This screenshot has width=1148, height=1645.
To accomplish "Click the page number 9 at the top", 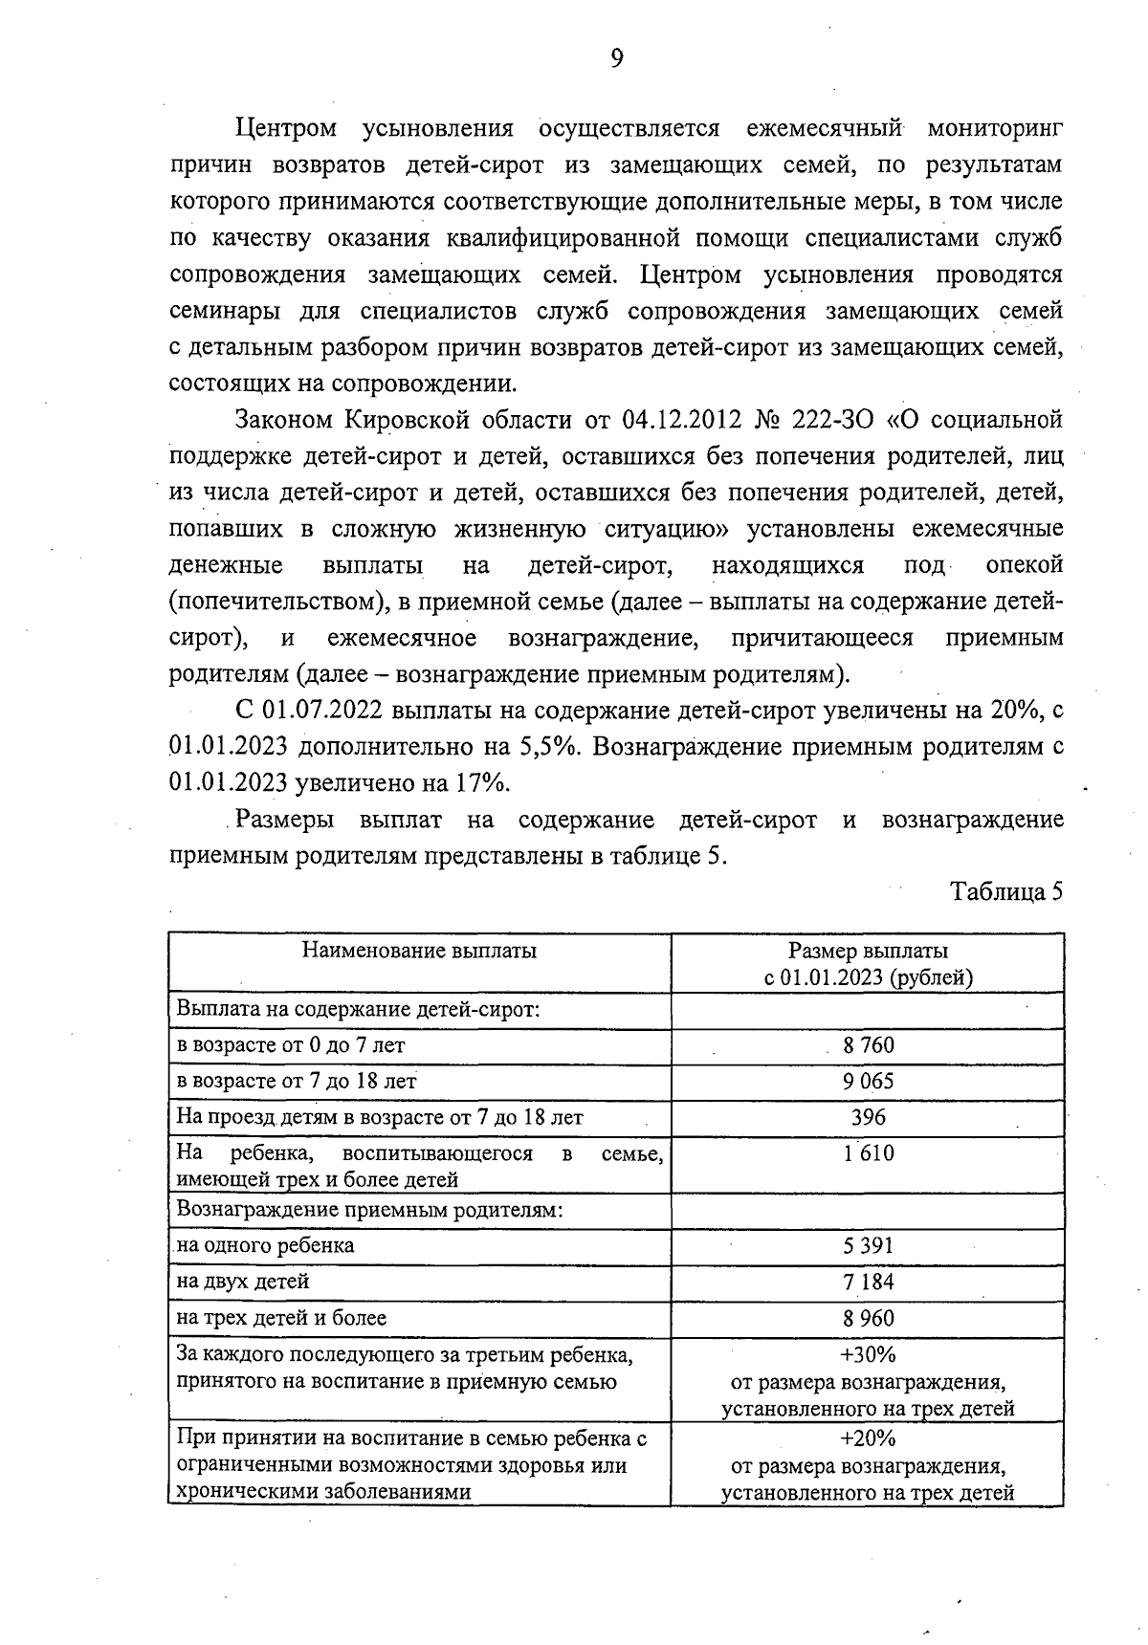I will (616, 59).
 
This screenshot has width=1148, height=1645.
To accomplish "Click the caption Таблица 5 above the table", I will (1006, 891).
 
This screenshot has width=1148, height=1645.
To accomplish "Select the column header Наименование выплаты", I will (419, 951).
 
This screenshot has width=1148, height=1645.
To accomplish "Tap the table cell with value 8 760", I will (868, 1045).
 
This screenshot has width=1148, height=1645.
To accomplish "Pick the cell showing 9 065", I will (868, 1082).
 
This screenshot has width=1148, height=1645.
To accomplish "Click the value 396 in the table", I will (868, 1117).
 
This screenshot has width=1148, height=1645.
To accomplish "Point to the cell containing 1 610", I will (868, 1153).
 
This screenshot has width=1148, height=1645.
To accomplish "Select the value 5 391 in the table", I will (868, 1246).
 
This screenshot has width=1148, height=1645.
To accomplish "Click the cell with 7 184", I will (868, 1282).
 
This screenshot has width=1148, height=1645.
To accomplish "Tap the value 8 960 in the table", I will (868, 1318).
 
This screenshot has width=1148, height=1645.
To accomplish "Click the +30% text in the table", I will (868, 1354).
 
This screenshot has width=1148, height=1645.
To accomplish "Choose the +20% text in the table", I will (868, 1438).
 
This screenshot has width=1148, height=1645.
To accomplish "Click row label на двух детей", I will (243, 1282).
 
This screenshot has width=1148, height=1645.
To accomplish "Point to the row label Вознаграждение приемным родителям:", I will (368, 1210).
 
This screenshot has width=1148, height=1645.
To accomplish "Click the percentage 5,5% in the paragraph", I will (548, 746).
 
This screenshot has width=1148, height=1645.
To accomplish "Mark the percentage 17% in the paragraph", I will (479, 783).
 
